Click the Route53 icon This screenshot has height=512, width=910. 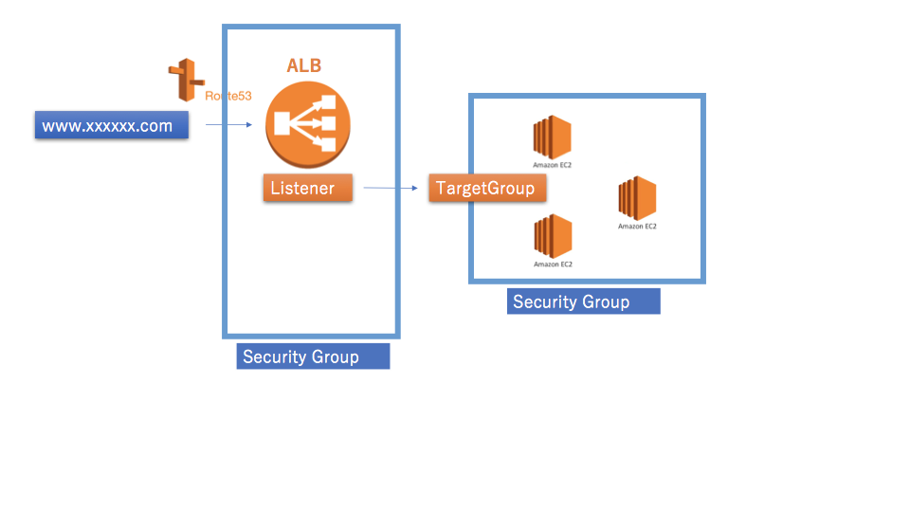[186, 80]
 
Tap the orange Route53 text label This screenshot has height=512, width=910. [228, 96]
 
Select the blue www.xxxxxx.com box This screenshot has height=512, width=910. [111, 126]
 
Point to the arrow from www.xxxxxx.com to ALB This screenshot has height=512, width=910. [228, 124]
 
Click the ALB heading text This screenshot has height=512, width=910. [303, 66]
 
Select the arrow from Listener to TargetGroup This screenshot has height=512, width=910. [390, 188]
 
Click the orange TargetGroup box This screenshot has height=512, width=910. [484, 188]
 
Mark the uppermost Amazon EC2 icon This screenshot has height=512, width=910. [553, 137]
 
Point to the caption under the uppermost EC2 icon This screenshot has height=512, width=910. [553, 165]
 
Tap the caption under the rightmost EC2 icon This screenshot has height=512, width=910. [637, 227]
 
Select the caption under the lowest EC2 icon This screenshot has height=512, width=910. [553, 265]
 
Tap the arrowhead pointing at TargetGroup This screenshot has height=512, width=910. [414, 188]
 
